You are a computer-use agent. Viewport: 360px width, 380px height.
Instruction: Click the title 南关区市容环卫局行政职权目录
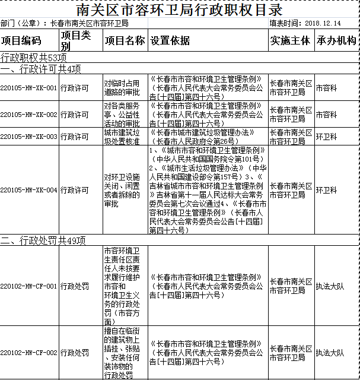click(x=180, y=10)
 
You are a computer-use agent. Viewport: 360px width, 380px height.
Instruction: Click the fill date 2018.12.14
click(x=323, y=24)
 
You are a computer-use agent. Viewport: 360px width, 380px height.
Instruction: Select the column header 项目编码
click(x=21, y=41)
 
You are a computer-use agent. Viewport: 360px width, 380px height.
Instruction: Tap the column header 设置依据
click(x=170, y=41)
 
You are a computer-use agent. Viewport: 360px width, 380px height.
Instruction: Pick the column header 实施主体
click(x=290, y=41)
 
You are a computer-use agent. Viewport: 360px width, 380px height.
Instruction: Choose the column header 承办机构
click(x=336, y=41)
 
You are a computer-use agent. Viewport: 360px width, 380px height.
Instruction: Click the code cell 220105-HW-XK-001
click(x=29, y=88)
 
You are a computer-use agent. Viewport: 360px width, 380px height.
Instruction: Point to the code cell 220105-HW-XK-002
click(x=29, y=114)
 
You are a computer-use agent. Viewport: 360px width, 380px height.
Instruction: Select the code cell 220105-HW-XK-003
click(x=29, y=137)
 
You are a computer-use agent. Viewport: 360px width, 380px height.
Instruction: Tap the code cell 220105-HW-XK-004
click(x=29, y=191)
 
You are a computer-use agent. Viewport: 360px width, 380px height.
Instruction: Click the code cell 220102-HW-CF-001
click(x=29, y=286)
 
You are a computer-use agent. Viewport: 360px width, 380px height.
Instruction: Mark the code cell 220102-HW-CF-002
click(x=29, y=353)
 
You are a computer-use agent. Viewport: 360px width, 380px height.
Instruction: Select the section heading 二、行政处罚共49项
click(x=43, y=241)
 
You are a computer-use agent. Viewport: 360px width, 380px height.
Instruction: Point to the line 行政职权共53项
click(x=33, y=58)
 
